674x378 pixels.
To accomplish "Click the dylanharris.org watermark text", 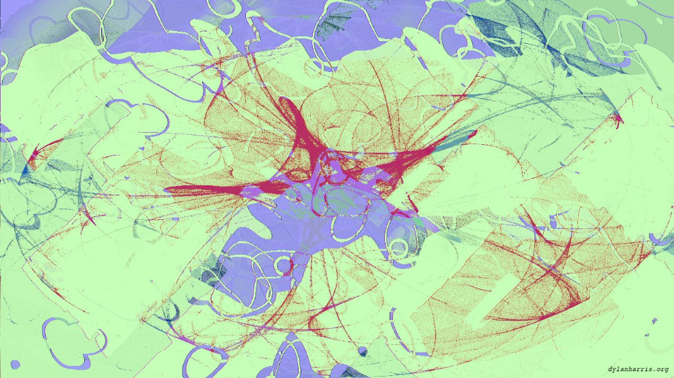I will pos(637,369).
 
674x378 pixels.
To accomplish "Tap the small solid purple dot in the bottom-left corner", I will pos(15,365).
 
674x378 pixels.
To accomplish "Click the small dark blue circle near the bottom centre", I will pos(363,351).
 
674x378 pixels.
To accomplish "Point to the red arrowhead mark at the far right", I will pos(617,120).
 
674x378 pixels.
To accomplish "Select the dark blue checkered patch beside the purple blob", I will pos(209,273).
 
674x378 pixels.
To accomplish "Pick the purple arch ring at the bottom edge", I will pos(290,357).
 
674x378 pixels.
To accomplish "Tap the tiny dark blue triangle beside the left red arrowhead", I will pos(26,168).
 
